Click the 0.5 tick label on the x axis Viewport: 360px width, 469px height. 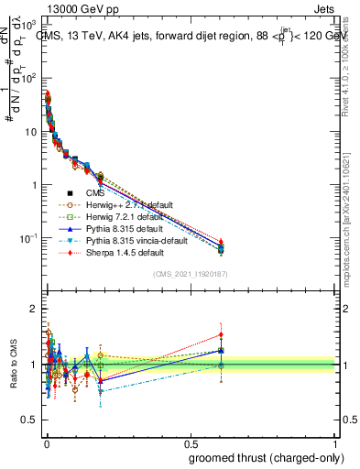[191, 442]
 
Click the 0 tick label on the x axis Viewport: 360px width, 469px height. [46, 442]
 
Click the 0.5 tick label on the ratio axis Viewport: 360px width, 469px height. [33, 422]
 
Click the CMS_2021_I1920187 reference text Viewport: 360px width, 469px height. [190, 274]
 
